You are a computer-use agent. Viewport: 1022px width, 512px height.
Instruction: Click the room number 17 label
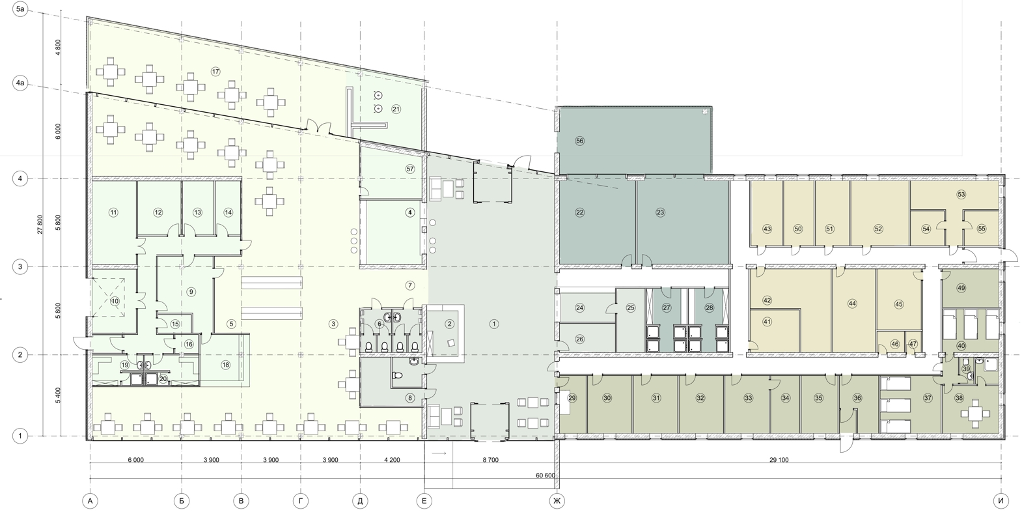[216, 71]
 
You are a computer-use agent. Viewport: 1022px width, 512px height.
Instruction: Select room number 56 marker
[579, 141]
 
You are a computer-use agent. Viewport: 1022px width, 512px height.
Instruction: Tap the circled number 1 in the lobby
[493, 324]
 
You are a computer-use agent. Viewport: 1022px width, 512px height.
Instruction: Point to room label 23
[660, 212]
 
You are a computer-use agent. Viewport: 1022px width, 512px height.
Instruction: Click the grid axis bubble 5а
[20, 8]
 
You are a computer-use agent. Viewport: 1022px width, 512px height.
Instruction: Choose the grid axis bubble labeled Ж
[557, 501]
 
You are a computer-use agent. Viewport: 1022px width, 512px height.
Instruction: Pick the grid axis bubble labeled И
[1001, 501]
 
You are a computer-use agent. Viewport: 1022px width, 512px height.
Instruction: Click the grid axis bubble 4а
[20, 83]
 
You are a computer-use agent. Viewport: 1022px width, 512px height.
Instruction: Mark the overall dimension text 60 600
[546, 476]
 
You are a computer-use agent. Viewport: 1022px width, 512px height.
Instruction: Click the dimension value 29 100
[779, 460]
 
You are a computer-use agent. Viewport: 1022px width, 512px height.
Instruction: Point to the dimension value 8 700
[490, 460]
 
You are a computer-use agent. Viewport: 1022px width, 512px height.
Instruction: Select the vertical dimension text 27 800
[40, 224]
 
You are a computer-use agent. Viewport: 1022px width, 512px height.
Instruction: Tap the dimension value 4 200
[392, 460]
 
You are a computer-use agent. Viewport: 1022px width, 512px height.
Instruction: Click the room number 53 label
[961, 195]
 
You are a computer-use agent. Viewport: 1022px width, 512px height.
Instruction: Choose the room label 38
[959, 398]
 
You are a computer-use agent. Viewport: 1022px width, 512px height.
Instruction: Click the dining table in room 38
[975, 414]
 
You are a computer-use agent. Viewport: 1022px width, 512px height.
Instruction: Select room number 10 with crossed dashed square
[115, 301]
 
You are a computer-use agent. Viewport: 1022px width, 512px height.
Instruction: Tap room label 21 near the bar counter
[396, 109]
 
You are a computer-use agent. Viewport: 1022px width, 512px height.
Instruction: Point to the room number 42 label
[767, 300]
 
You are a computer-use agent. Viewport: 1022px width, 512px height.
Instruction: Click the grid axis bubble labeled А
[90, 501]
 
